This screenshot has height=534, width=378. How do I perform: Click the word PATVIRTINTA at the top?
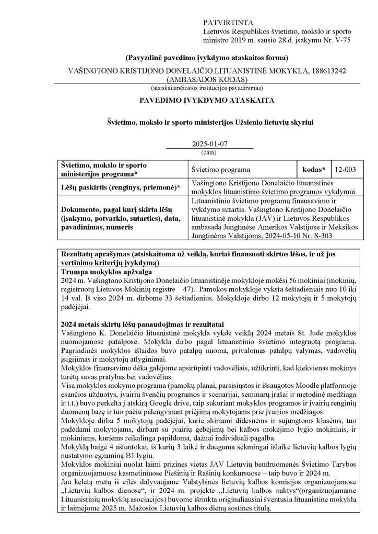tap(228, 23)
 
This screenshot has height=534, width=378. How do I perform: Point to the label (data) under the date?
tap(208, 152)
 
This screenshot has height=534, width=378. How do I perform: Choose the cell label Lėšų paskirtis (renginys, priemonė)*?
tap(117, 187)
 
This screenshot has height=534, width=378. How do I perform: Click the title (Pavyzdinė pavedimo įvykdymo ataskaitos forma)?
tap(207, 57)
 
